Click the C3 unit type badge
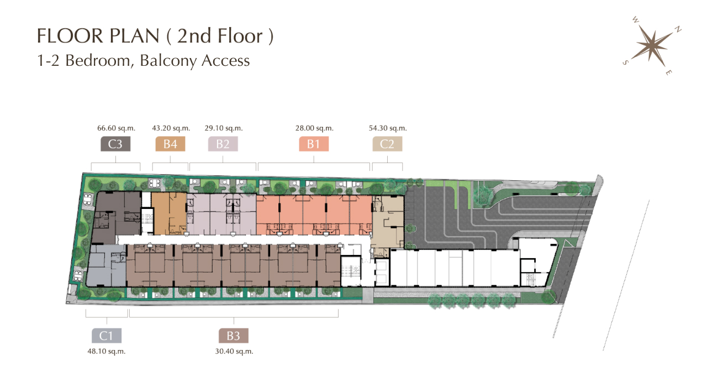coord(115,144)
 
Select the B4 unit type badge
coord(170,144)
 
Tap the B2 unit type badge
coord(223,144)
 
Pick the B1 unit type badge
coord(314,144)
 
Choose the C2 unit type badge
coord(387,144)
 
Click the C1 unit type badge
coord(107,336)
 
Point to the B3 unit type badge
coord(233,336)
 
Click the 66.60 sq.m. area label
coord(117,128)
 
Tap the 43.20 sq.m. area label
coord(171,128)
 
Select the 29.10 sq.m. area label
coord(224,128)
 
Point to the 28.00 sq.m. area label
coord(314,128)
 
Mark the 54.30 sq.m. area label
coord(388,128)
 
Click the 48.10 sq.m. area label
coord(107,352)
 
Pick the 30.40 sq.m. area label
coord(234,352)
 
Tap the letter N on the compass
coord(678,29)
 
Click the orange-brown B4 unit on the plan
coord(169,213)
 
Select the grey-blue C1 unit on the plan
coord(106,265)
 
